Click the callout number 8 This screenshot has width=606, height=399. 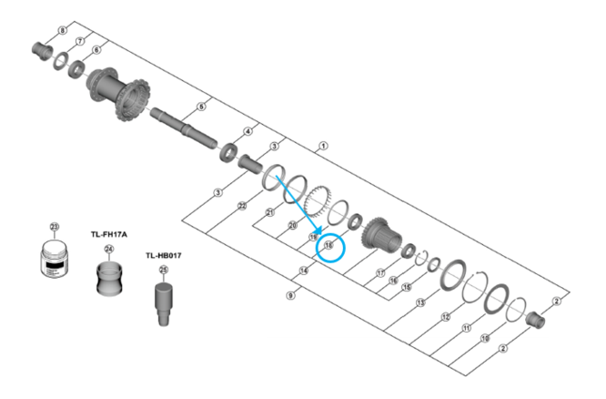[x=63, y=31]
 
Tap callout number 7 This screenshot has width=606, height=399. [x=79, y=41]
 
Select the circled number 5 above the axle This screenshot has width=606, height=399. [x=202, y=107]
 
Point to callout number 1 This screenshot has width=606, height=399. [x=322, y=145]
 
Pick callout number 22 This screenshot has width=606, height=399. [x=242, y=207]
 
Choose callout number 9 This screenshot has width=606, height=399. [x=290, y=295]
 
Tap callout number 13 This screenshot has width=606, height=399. [x=420, y=302]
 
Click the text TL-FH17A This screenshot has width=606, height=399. [x=109, y=235]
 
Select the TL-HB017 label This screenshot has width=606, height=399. [x=164, y=256]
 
